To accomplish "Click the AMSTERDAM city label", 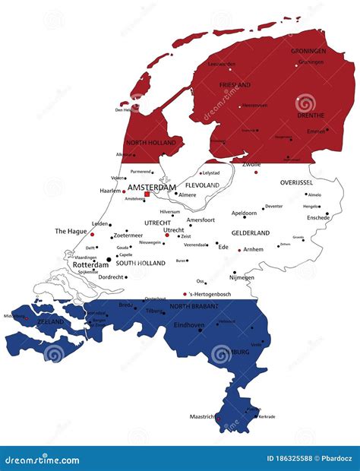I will (x=152, y=187).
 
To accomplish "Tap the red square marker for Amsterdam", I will (x=147, y=194).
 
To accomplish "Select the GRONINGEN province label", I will (x=308, y=51).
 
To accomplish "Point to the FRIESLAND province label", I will (x=235, y=85).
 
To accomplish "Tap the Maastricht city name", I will (x=201, y=416).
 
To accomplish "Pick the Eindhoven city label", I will (x=190, y=324).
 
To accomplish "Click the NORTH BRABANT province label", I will (x=194, y=306).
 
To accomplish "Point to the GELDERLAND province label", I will (x=251, y=233).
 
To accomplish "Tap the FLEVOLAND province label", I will (x=203, y=185).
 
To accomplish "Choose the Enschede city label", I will (x=317, y=217).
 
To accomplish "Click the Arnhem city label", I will (x=254, y=249).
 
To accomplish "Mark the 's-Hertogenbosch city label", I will (x=208, y=294).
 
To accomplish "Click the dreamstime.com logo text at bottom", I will (x=41, y=460).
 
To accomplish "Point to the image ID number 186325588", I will (x=283, y=460).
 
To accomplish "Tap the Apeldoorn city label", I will (x=244, y=213).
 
